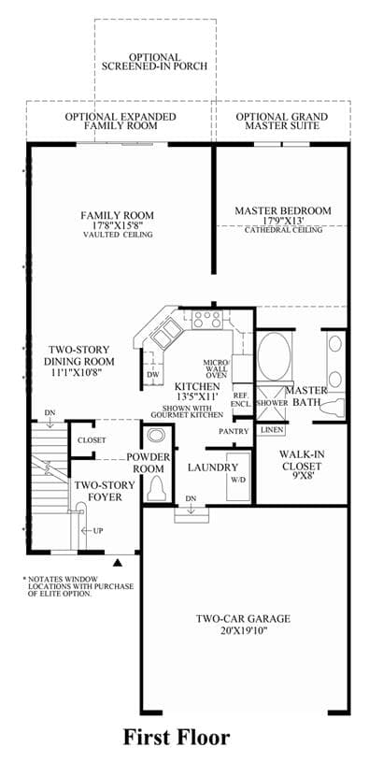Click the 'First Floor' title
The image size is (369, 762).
click(176, 737)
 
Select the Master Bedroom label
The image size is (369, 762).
click(283, 211)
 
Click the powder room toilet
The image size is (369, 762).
click(156, 487)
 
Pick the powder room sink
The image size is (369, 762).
click(156, 435)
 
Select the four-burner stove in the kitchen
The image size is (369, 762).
click(206, 319)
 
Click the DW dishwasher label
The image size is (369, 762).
click(152, 375)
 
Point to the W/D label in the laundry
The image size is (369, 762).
click(238, 478)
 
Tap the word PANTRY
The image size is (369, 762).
click(234, 431)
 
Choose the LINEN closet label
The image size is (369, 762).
click(271, 430)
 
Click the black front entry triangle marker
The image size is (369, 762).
click(117, 563)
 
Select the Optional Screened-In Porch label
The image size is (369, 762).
click(154, 61)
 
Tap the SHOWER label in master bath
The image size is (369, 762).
click(269, 403)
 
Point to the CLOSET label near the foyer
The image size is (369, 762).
click(92, 439)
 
